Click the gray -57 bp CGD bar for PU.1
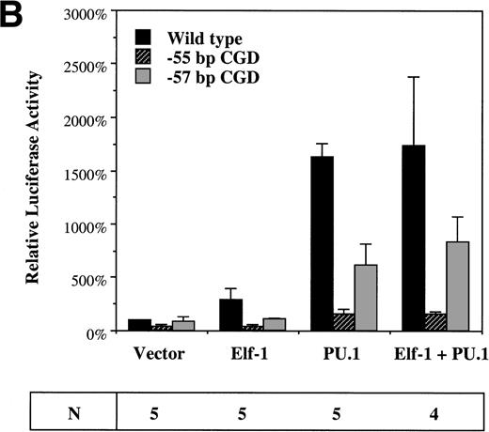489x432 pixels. pos(366,298)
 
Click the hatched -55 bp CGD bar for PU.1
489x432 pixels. pos(344,321)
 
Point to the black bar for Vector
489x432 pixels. pos(139,325)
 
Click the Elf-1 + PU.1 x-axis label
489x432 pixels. pos(434,356)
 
